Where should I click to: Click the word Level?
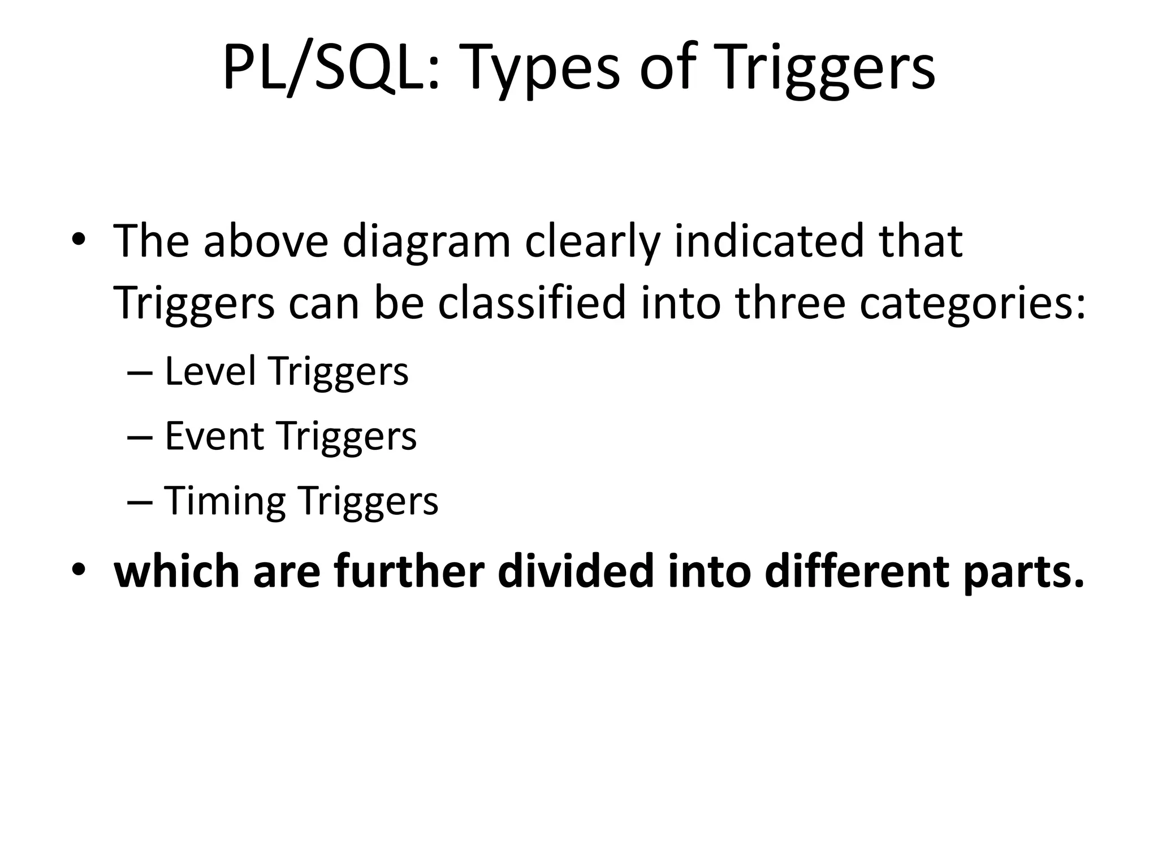tap(210, 371)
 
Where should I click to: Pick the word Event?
tap(214, 436)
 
